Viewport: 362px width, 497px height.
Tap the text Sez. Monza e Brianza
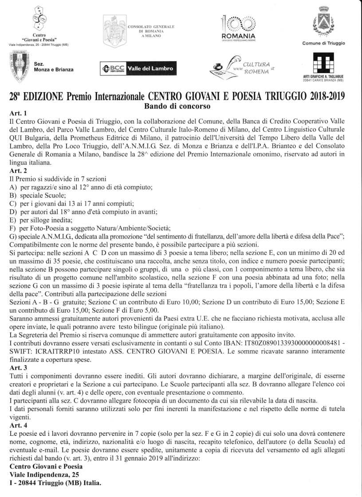[54, 67]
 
